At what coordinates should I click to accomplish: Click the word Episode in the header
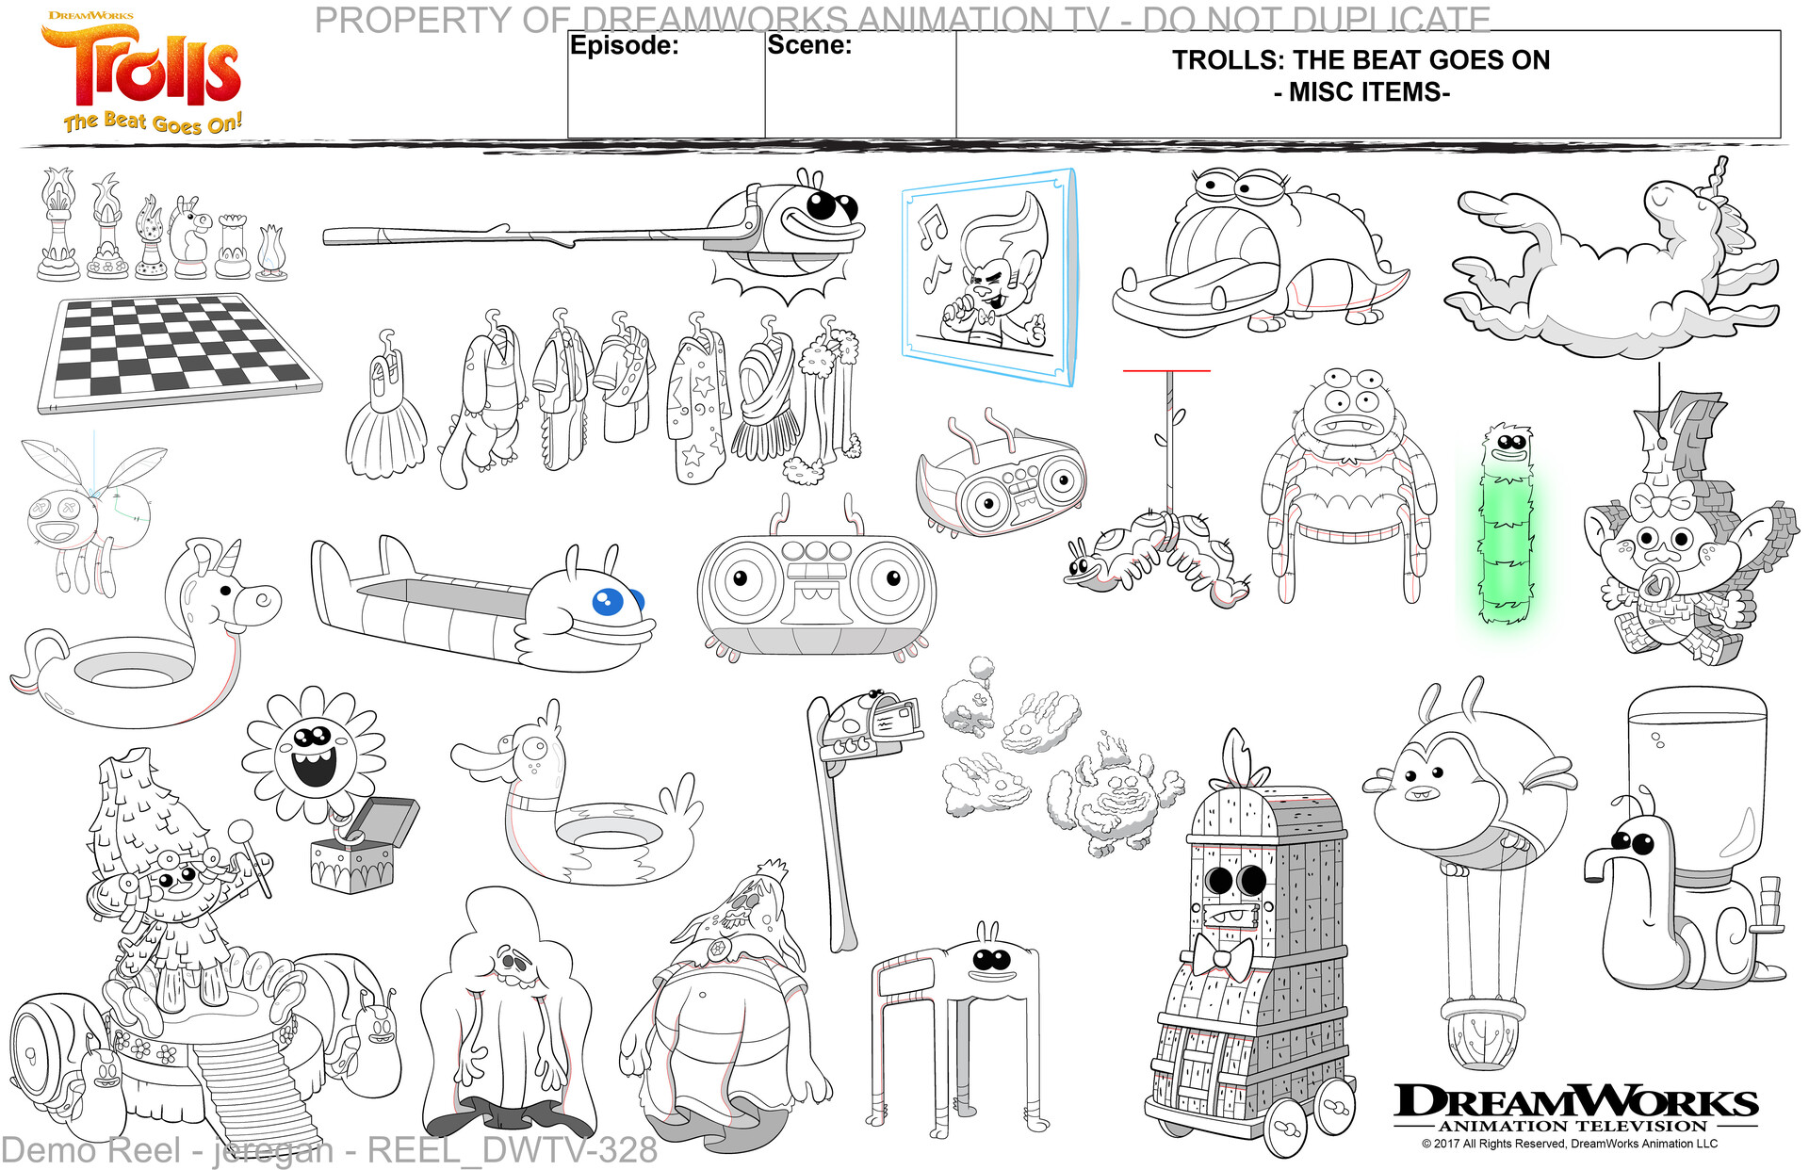click(x=624, y=45)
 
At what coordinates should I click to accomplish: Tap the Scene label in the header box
click(x=808, y=44)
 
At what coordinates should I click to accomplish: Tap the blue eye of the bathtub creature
click(x=609, y=600)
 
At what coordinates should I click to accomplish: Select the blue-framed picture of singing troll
click(x=987, y=277)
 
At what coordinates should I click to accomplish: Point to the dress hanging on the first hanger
click(x=386, y=415)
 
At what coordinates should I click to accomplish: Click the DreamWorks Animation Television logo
click(x=1573, y=1112)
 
